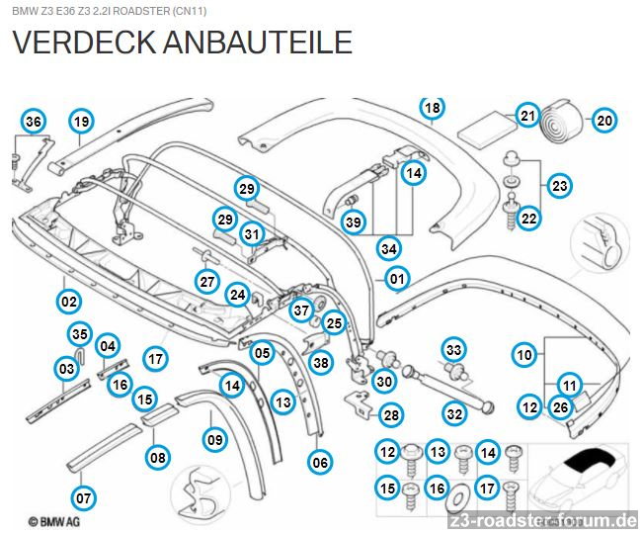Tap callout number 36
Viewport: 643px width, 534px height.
(x=34, y=122)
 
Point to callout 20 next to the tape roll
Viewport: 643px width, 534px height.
(x=603, y=122)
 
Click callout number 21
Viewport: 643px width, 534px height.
(x=527, y=117)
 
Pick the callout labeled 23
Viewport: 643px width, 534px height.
(x=560, y=185)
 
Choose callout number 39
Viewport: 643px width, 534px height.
(x=354, y=222)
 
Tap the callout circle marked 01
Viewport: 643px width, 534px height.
(x=396, y=280)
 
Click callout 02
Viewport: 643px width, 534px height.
(x=68, y=301)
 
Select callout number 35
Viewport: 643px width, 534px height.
(x=80, y=333)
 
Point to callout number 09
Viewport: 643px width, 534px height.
(x=214, y=438)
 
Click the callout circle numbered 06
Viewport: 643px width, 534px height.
(x=320, y=461)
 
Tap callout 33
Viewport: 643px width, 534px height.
(x=453, y=349)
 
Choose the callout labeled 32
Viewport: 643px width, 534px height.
(x=454, y=414)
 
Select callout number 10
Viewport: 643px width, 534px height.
(x=524, y=353)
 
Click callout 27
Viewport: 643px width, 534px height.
(x=206, y=281)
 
